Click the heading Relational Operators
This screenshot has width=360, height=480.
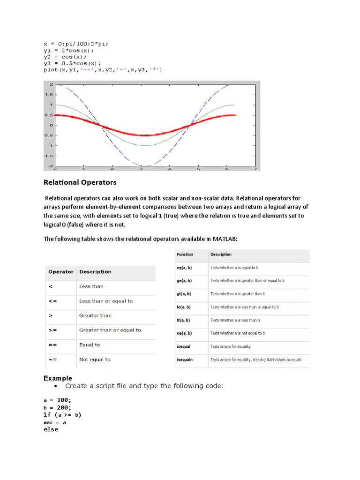pos(80,182)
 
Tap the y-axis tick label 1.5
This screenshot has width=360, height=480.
pos(49,94)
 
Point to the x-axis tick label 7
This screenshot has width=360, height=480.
pos(255,169)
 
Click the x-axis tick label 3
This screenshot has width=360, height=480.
pos(141,169)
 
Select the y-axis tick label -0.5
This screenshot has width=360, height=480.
pos(48,135)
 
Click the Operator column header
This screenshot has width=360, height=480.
pos(61,272)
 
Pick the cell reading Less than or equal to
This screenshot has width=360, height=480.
pos(106,301)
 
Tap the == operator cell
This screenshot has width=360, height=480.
pos(52,345)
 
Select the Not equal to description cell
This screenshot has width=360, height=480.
pos(95,360)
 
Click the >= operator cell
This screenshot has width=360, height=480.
pos(52,330)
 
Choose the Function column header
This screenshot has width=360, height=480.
pos(185,255)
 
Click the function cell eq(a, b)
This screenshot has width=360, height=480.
pos(184,268)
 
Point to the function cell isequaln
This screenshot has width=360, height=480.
pos(186,360)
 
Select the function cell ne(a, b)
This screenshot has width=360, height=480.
pos(184,333)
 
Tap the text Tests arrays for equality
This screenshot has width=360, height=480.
pos(230,346)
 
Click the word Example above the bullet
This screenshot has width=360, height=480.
pos(58,378)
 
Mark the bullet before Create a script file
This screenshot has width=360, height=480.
pos(56,386)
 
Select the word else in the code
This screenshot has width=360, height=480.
pos(51,429)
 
